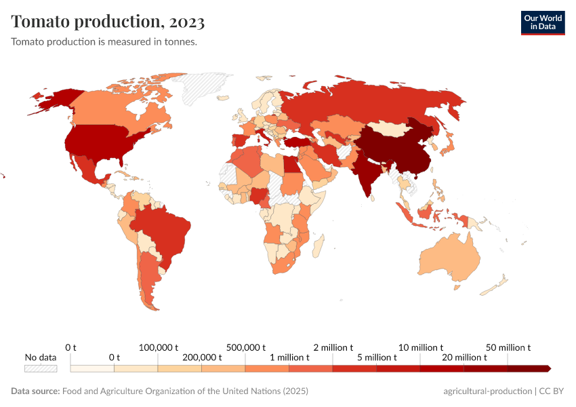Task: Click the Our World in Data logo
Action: point(542,22)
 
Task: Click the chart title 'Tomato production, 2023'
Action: point(108,22)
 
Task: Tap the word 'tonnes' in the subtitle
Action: point(181,41)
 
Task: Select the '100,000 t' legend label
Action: point(158,347)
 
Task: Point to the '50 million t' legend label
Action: point(508,347)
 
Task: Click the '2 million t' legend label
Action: point(333,347)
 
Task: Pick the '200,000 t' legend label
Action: point(202,357)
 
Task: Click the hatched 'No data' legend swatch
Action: point(41,368)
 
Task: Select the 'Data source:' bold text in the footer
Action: point(35,391)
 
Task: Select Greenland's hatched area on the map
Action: point(198,88)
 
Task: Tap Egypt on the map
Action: point(290,163)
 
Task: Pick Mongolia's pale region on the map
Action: point(391,128)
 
